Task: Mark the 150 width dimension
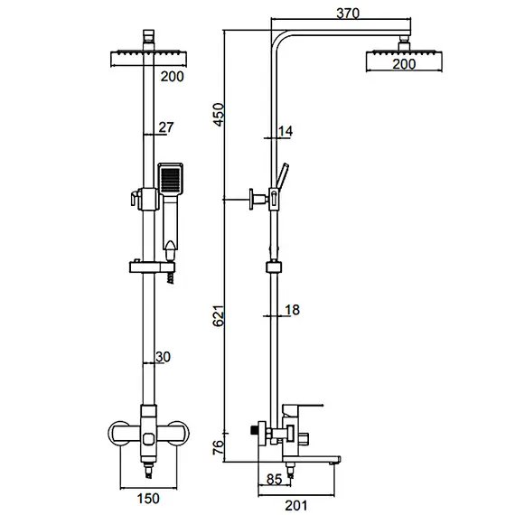pyautogui.click(x=148, y=498)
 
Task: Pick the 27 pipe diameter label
pyautogui.click(x=166, y=128)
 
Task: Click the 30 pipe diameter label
pyautogui.click(x=163, y=358)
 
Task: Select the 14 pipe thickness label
pyautogui.click(x=286, y=132)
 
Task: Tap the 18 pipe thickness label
pyautogui.click(x=291, y=311)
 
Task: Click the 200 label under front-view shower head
pyautogui.click(x=172, y=76)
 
